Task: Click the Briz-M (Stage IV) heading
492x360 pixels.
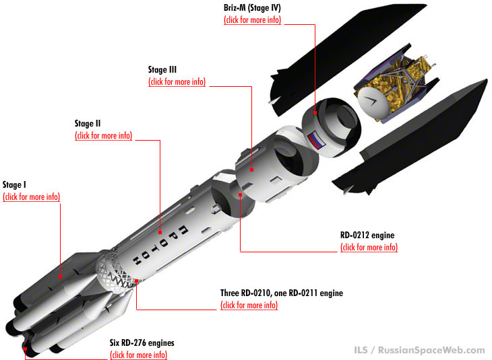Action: pyautogui.click(x=252, y=8)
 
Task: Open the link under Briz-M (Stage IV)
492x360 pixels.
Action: pyautogui.click(x=252, y=20)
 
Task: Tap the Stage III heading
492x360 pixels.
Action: pyautogui.click(x=162, y=69)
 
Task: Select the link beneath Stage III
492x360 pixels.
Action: pyautogui.click(x=177, y=81)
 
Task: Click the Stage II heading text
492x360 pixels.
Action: pyautogui.click(x=88, y=123)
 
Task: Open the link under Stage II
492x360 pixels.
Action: pyautogui.click(x=104, y=135)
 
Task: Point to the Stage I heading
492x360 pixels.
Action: pyautogui.click(x=14, y=184)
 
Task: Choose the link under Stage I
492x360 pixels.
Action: pyautogui.click(x=32, y=196)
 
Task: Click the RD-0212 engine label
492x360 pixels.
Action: pyautogui.click(x=367, y=235)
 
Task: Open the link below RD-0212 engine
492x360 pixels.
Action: pyautogui.click(x=369, y=247)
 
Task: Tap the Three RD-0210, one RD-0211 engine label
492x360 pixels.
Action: pyautogui.click(x=282, y=293)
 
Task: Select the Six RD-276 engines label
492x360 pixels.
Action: pyautogui.click(x=142, y=343)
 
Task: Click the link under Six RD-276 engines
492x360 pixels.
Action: pyautogui.click(x=138, y=355)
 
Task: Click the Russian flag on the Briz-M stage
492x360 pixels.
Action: pyautogui.click(x=315, y=141)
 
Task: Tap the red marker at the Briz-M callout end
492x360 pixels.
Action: pyautogui.click(x=315, y=112)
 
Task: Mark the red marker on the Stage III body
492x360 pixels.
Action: pyautogui.click(x=251, y=170)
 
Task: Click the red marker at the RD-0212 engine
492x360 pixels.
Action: pyautogui.click(x=240, y=195)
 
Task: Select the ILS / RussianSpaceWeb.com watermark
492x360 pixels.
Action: pyautogui.click(x=419, y=350)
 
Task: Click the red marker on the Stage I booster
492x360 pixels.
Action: pyautogui.click(x=60, y=277)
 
